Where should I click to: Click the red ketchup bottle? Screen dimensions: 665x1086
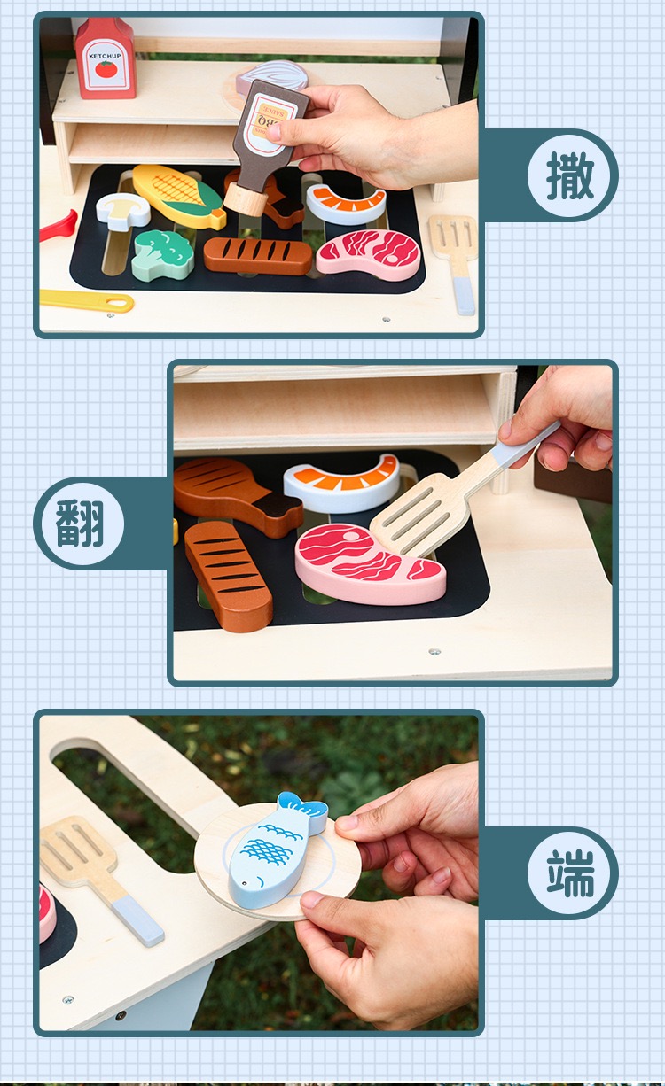point(106,58)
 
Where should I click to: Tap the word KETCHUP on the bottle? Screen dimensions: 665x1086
point(105,56)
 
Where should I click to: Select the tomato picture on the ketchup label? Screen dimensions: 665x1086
point(106,69)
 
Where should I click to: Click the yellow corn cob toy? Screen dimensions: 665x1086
point(178,196)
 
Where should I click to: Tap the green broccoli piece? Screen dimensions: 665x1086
point(163,254)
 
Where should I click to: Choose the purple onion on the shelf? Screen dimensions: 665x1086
point(272,78)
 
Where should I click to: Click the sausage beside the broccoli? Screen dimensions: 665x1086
point(258,255)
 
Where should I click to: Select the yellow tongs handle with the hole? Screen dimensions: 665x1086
point(88,300)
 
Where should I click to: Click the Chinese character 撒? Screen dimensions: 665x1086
point(570,175)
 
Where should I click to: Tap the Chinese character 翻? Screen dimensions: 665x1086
point(80,524)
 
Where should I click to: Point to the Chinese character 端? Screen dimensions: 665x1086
point(571,873)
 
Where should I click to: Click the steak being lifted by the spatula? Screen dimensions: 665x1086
point(370,565)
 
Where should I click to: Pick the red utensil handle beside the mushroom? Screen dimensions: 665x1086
point(59,226)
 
